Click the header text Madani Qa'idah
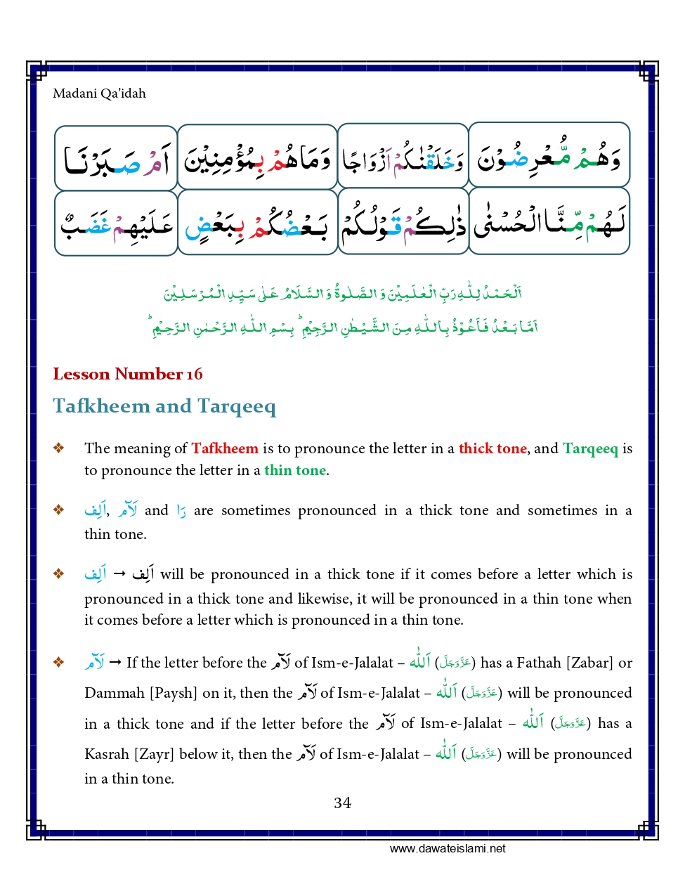[x=99, y=93]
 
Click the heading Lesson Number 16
[x=127, y=374]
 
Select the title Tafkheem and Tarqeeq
[x=164, y=406]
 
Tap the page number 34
[x=342, y=803]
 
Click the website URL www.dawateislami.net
[x=448, y=848]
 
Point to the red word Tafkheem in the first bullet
[x=225, y=448]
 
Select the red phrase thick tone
[x=492, y=448]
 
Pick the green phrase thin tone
[x=295, y=470]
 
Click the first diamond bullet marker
[x=59, y=448]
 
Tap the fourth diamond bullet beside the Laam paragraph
[x=59, y=662]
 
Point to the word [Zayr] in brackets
[x=154, y=754]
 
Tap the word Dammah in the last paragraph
[x=114, y=693]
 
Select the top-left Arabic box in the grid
[x=116, y=158]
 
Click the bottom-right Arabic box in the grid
[x=549, y=221]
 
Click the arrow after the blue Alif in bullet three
[x=119, y=574]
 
